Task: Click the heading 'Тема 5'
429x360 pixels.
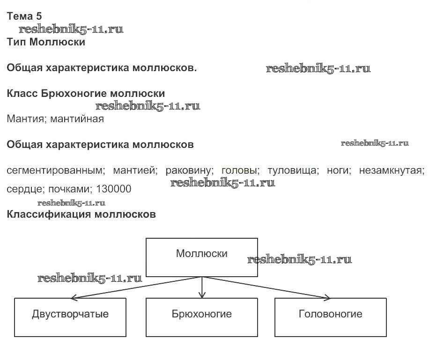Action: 24,16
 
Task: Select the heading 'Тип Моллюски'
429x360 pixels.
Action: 46,42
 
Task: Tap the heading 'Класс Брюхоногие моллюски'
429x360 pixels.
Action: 86,94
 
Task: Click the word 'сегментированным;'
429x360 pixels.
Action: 55,170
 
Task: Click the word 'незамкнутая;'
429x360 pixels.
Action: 392,170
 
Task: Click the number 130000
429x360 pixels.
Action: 113,190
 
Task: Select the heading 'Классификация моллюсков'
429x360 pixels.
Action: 81,215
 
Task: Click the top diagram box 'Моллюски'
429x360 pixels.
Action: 202,257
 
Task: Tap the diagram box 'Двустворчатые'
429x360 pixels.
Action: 70,317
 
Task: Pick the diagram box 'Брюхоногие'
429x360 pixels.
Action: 202,317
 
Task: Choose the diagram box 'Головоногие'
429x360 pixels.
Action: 331,317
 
